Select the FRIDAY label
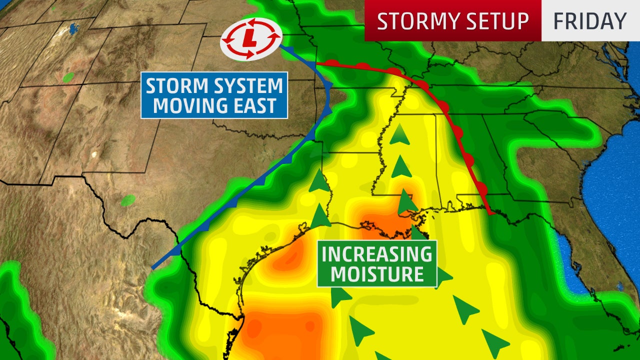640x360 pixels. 590,21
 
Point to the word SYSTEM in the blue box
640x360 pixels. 246,86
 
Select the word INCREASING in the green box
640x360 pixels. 377,254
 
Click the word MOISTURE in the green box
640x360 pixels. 377,274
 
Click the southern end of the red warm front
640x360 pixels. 493,213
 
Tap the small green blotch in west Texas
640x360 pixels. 128,200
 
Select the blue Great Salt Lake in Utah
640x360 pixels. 74,28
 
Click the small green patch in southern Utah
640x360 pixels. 68,77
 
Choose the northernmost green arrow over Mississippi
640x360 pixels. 399,134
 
